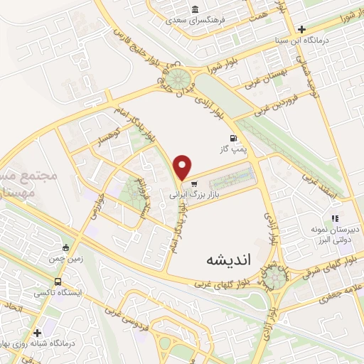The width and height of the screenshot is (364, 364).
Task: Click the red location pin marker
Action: [x=183, y=168]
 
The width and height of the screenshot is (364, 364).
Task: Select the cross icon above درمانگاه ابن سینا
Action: [x=302, y=29]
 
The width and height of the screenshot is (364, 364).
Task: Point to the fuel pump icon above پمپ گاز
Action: [x=231, y=138]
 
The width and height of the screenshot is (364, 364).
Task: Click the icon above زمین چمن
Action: [x=66, y=247]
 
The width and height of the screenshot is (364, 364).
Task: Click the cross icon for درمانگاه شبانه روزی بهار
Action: [x=36, y=332]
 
